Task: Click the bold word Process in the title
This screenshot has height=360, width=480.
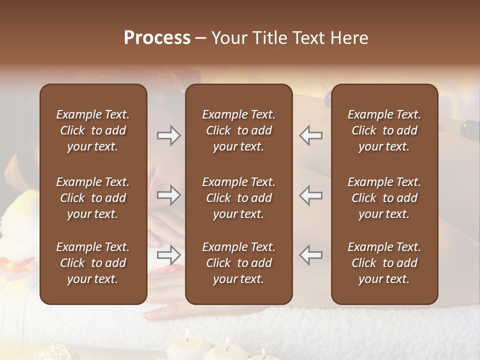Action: (x=157, y=38)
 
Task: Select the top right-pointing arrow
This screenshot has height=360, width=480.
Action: (x=169, y=135)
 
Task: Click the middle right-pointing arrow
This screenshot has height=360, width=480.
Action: (x=169, y=195)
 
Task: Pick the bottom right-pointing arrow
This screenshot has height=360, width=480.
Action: (x=169, y=254)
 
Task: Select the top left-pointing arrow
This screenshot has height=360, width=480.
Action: (x=310, y=135)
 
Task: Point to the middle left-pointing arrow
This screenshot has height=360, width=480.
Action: (x=310, y=195)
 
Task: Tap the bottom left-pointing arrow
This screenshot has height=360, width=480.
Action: (x=310, y=254)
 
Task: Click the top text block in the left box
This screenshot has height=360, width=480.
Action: (x=93, y=130)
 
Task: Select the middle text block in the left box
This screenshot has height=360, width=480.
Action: (x=93, y=198)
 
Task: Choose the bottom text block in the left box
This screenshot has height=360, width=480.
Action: (x=93, y=263)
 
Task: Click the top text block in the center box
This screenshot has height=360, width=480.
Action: (x=238, y=130)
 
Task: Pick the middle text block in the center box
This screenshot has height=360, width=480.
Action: (x=238, y=198)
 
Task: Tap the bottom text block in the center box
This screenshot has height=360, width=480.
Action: (x=238, y=263)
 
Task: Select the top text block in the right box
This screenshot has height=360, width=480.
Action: (x=384, y=130)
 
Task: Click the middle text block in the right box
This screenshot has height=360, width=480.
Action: (x=384, y=198)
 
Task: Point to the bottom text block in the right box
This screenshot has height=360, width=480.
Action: (x=384, y=263)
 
